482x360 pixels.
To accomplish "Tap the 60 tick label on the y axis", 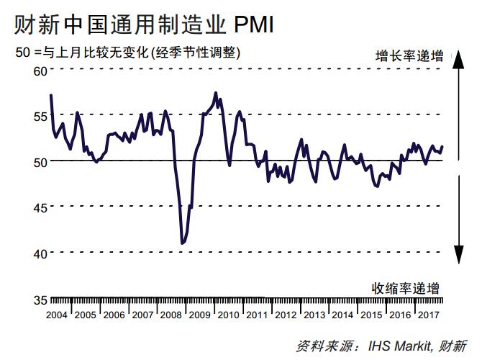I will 39,71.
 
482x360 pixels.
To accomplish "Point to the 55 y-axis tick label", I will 39,115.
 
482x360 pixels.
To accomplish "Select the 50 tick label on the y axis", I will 39,161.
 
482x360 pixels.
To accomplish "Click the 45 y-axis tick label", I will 39,207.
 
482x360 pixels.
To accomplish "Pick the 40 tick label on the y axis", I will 39,253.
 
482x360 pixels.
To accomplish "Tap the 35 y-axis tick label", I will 39,300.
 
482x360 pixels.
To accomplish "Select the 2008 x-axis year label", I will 171,315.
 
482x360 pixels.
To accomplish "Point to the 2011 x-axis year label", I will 257,315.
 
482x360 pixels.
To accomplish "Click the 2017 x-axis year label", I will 429,315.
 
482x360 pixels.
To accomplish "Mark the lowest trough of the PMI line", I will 182,243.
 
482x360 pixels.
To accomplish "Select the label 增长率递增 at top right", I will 409,55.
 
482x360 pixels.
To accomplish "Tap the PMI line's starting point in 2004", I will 50,95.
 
